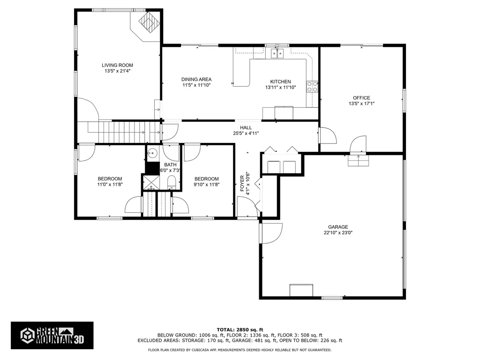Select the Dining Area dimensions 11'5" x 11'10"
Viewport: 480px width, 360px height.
(x=197, y=85)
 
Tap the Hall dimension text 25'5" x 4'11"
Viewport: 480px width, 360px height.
(x=246, y=133)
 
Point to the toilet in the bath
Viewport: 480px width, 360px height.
(x=172, y=181)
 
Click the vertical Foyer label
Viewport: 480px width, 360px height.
(x=242, y=183)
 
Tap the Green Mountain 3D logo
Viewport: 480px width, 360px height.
(x=52, y=336)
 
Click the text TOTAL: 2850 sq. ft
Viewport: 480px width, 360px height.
(x=240, y=329)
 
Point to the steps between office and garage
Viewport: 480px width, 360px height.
(x=359, y=161)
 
